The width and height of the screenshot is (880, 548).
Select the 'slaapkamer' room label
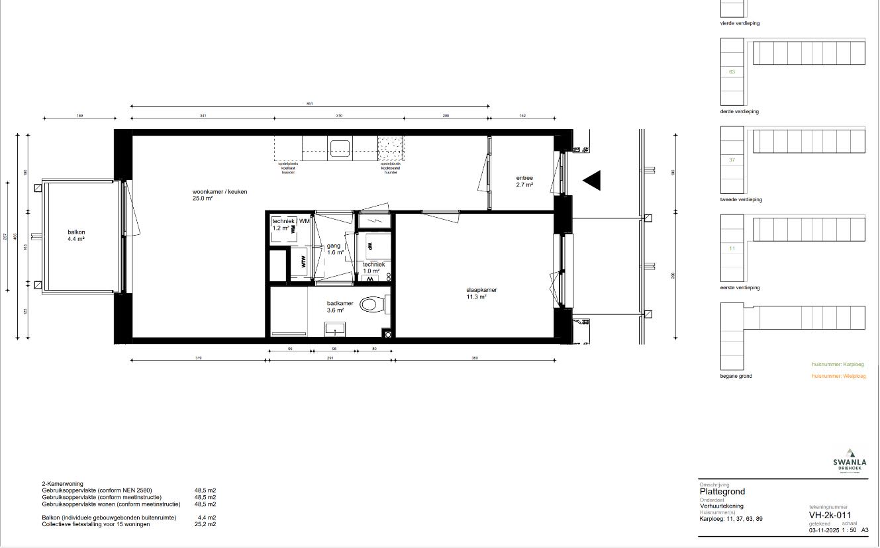click(481, 290)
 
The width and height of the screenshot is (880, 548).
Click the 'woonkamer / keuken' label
click(220, 192)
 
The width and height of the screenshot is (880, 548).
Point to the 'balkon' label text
click(76, 232)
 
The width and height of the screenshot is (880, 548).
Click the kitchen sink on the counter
click(340, 147)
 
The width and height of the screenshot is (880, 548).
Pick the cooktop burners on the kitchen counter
click(389, 146)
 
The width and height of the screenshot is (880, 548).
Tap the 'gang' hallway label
click(333, 246)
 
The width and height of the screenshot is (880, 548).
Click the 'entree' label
click(524, 178)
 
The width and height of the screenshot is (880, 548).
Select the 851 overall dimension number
click(309, 103)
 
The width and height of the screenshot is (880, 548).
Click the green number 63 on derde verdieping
click(732, 71)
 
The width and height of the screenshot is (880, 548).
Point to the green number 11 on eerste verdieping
click(732, 248)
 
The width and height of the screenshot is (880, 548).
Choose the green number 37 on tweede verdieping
click(732, 160)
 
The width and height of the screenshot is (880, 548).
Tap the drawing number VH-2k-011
click(830, 516)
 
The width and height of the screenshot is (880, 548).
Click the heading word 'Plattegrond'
click(722, 492)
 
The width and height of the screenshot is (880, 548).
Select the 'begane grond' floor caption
click(736, 376)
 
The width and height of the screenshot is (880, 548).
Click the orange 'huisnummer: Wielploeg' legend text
click(838, 376)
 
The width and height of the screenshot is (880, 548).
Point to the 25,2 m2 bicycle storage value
click(207, 524)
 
